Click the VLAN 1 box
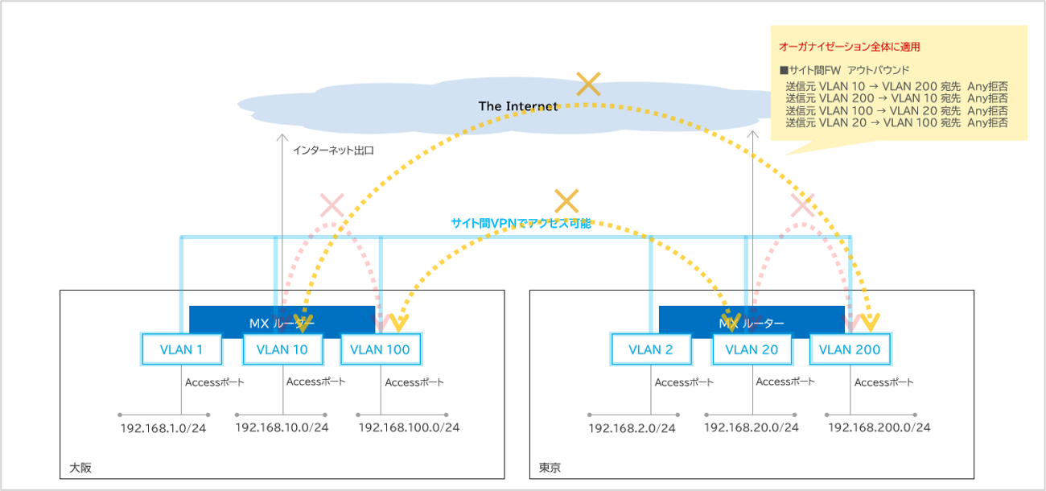click(x=182, y=349)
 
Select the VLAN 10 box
click(x=282, y=349)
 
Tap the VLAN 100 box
click(x=381, y=349)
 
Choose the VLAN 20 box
click(x=752, y=349)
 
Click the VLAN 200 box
click(x=850, y=349)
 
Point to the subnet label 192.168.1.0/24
click(x=163, y=428)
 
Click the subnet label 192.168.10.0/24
click(x=282, y=427)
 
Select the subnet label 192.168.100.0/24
click(x=409, y=427)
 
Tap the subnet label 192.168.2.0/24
click(x=632, y=428)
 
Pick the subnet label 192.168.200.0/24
click(x=879, y=427)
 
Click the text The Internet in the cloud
click(x=518, y=106)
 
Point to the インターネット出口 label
click(x=333, y=151)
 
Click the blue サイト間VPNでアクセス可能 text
click(x=521, y=223)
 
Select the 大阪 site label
click(x=80, y=468)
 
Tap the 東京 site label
click(x=550, y=468)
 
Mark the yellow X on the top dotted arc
click(x=589, y=84)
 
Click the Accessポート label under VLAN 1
click(x=214, y=382)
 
